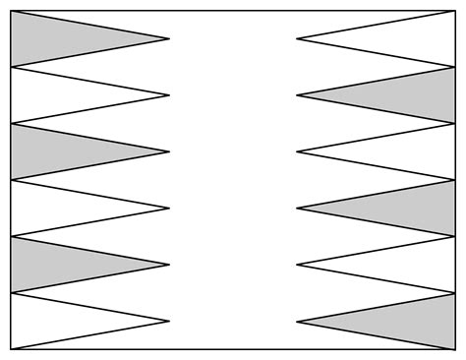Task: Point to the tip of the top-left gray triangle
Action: (x=169, y=39)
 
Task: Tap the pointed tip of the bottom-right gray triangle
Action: (x=298, y=321)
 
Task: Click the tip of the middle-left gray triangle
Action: (x=169, y=151)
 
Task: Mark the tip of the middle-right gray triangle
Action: (x=298, y=209)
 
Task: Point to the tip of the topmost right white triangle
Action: (x=298, y=39)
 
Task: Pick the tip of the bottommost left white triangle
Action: (x=169, y=321)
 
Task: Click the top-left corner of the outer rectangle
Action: (x=11, y=11)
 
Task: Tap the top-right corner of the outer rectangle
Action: (x=455, y=11)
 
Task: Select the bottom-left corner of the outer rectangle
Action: (x=11, y=349)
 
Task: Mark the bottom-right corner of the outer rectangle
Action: (x=455, y=349)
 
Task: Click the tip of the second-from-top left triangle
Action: (x=169, y=95)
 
